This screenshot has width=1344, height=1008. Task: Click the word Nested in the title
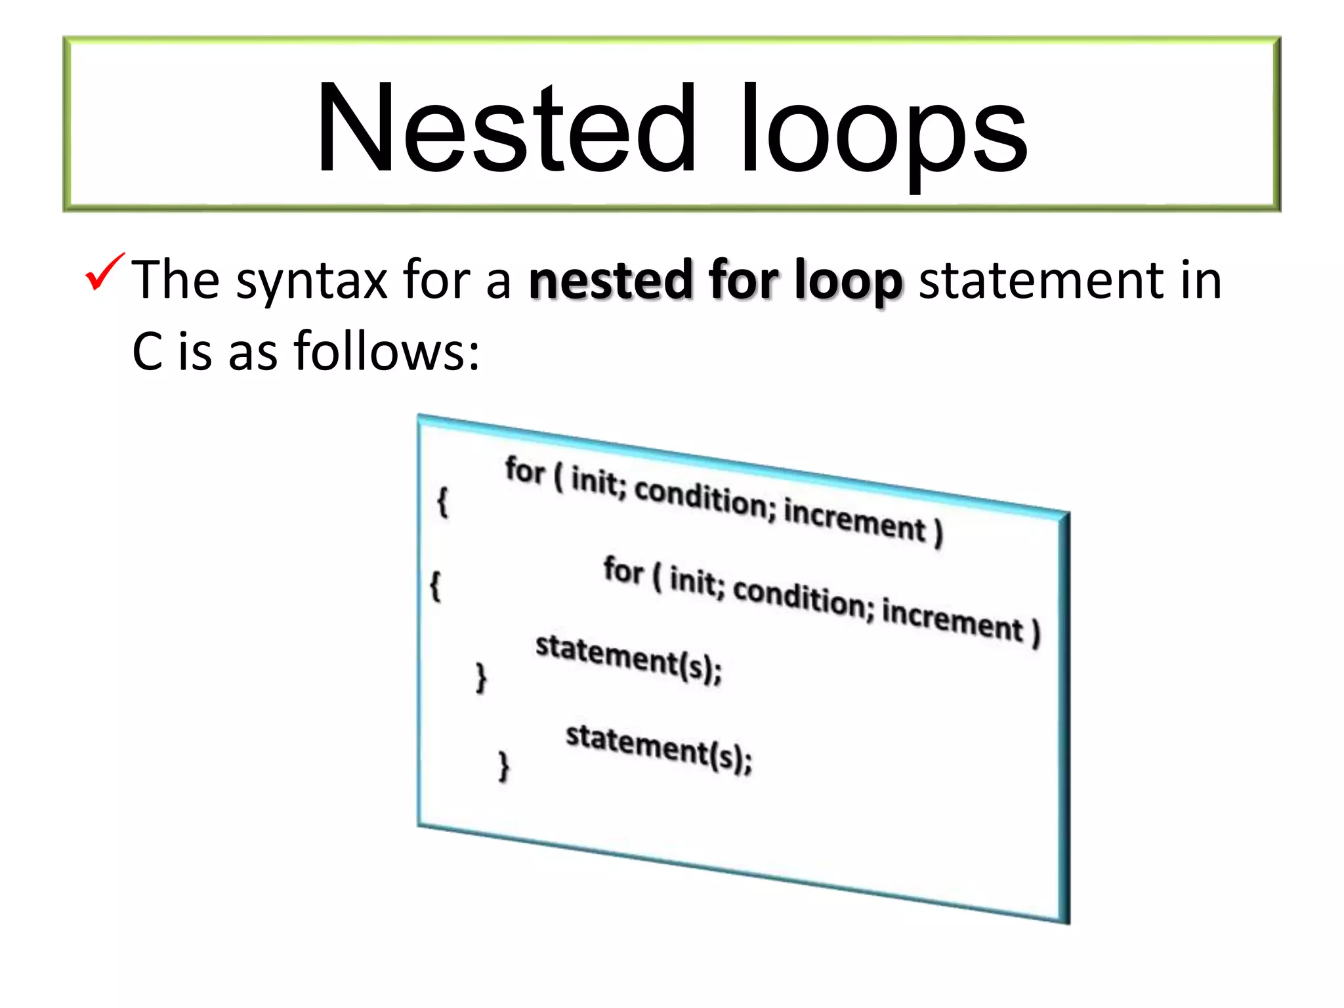click(x=505, y=128)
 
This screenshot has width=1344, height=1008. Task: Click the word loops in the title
click(x=883, y=131)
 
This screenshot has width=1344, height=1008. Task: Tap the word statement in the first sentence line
click(x=1040, y=281)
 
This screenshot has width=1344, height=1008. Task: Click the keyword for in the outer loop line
click(x=525, y=471)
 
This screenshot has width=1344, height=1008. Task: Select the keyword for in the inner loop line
click(x=623, y=570)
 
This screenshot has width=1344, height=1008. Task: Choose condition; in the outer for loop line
click(x=701, y=497)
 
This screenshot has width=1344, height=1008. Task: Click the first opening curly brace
click(x=443, y=502)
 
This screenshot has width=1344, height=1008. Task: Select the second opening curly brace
click(x=435, y=585)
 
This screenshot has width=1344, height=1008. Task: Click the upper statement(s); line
click(x=628, y=659)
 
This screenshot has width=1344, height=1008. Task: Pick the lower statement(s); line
click(x=658, y=748)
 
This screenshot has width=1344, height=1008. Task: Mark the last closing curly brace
click(x=504, y=766)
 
